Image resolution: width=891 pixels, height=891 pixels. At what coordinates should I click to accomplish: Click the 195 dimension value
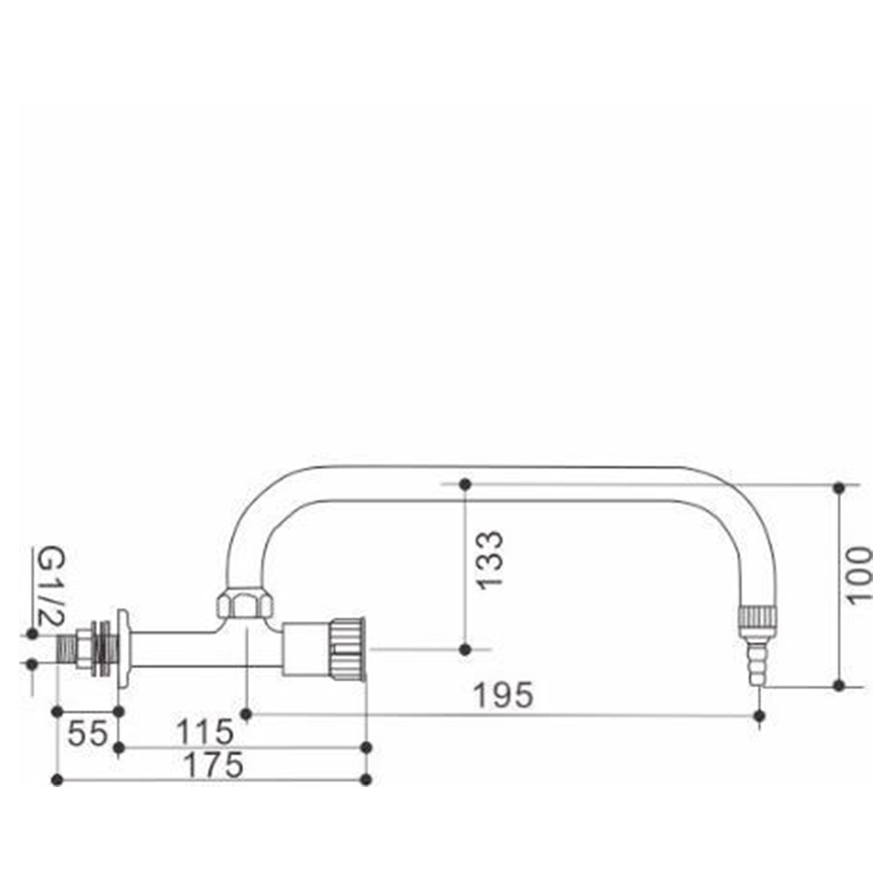coord(503,695)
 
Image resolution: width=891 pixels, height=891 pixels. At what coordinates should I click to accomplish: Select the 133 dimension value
coord(490,560)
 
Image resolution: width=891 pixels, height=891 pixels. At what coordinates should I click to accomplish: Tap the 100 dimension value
coord(858,575)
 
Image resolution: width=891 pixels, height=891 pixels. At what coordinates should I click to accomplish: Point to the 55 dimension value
coord(87,733)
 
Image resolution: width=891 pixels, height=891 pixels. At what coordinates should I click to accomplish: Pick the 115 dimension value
coord(205,732)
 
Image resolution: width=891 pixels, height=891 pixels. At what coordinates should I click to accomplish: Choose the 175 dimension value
coord(214,764)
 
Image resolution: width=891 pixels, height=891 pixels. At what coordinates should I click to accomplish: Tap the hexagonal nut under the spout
coord(246,604)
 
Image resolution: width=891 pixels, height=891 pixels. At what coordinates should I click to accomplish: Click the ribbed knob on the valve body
coord(346,649)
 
